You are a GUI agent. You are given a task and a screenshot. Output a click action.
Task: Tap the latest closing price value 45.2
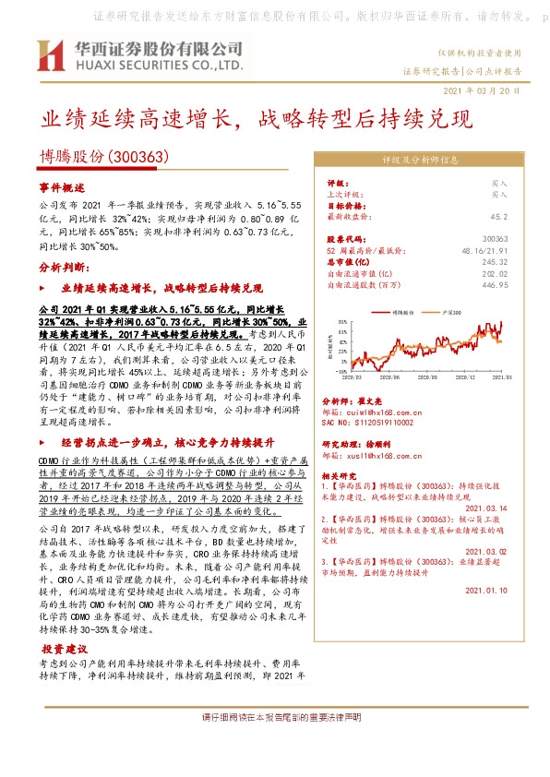coord(496,216)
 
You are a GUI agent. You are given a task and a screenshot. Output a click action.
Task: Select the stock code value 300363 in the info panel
coord(494,238)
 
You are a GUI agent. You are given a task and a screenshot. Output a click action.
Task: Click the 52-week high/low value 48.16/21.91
coord(483,250)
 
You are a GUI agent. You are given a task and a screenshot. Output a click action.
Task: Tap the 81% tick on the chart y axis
coord(342,323)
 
